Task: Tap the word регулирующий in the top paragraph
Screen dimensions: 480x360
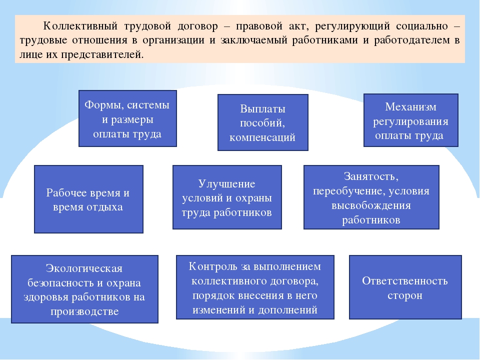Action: [352, 26]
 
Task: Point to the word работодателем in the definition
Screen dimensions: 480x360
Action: [412, 40]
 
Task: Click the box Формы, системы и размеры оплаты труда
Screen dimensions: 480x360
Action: [127, 118]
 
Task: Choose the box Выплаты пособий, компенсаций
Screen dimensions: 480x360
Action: [262, 122]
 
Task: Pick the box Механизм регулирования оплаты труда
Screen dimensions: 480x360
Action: [411, 120]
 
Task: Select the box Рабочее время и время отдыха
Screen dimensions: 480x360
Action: [89, 199]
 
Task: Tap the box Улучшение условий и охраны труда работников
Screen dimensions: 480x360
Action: [227, 197]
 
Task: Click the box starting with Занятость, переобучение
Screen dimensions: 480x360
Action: [371, 197]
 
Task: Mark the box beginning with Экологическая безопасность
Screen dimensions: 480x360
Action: [85, 289]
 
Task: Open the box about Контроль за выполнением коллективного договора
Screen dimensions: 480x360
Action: [255, 287]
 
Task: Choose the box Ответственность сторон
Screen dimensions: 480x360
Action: [405, 287]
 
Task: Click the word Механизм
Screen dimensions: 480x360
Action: [411, 107]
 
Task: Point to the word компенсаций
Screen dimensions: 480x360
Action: [262, 137]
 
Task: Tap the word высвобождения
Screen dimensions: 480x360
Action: [371, 205]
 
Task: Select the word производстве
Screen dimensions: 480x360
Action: [84, 311]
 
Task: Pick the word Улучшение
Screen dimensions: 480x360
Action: [226, 183]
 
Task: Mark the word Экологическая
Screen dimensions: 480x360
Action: [84, 268]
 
